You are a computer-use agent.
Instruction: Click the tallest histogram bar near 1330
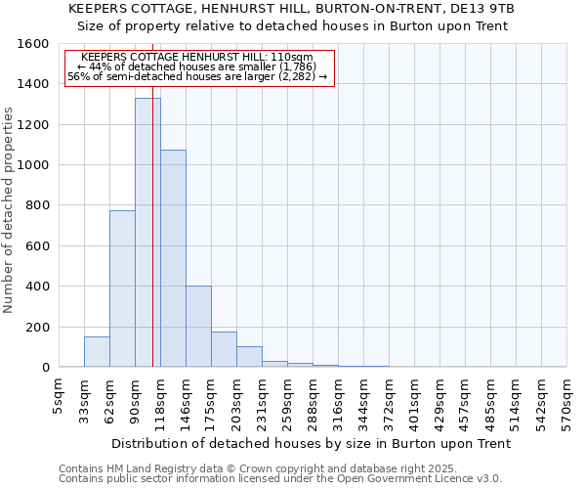[x=147, y=233]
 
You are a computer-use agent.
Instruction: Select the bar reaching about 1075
[x=173, y=258]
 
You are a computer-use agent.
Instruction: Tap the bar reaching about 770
[x=122, y=289]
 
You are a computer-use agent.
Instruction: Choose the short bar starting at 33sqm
[x=97, y=351]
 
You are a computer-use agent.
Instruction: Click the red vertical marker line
[x=153, y=244]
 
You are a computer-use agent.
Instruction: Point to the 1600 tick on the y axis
[x=34, y=44]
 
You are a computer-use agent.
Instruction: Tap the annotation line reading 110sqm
[x=199, y=58]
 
